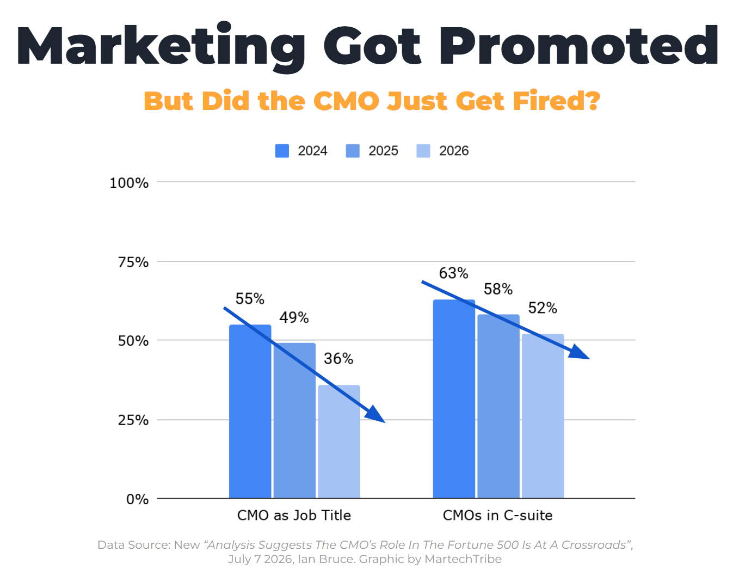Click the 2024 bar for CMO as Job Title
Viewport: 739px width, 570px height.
[x=250, y=412]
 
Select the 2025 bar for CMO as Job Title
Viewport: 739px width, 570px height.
[x=294, y=420]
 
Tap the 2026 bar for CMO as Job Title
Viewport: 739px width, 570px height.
[x=339, y=442]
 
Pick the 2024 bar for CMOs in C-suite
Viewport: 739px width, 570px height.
[x=454, y=399]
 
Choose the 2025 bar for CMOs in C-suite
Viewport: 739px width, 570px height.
[x=498, y=407]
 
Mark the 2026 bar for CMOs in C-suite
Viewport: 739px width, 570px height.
[x=543, y=416]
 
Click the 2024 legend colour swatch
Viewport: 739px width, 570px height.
[x=282, y=151]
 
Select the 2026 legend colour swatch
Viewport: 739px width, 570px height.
[x=423, y=151]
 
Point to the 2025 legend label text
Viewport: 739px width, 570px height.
[x=383, y=151]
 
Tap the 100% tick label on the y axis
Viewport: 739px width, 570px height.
[x=129, y=183]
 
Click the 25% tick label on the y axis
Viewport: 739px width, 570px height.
[x=133, y=420]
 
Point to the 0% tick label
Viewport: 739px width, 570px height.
[x=137, y=499]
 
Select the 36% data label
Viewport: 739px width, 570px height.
[x=338, y=358]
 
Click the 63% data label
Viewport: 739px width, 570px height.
[x=454, y=273]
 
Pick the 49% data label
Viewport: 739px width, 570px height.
[x=294, y=317]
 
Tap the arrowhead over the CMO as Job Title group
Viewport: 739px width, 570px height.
[x=375, y=415]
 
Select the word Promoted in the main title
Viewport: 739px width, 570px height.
[x=578, y=45]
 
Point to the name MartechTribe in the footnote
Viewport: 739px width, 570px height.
[x=463, y=559]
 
